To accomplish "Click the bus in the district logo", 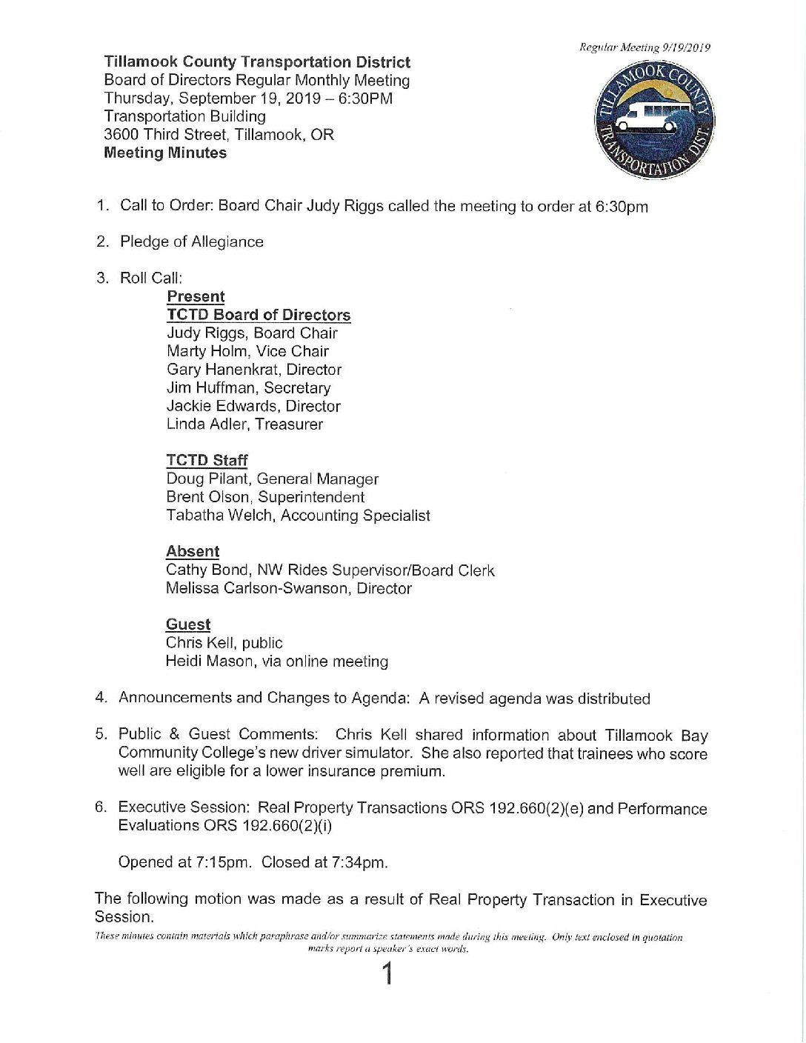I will (x=647, y=119).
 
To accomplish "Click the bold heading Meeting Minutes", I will (x=165, y=153).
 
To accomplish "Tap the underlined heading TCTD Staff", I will (x=207, y=461).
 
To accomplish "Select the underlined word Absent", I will (x=193, y=552).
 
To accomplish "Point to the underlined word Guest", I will (x=188, y=625).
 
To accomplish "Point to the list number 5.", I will (x=101, y=734).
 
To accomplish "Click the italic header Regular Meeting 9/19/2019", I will (x=645, y=48).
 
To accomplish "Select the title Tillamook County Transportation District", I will (x=257, y=62).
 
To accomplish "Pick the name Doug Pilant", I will (x=207, y=479).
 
